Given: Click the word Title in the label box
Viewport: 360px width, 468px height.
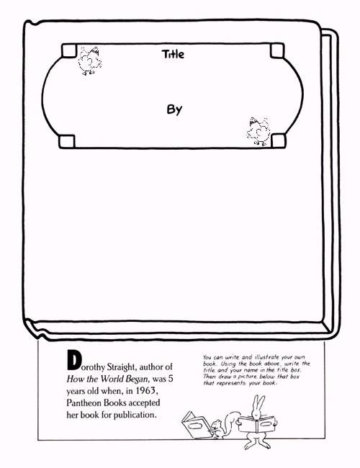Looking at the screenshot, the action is (173, 54).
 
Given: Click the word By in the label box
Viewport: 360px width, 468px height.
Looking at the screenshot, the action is (174, 109).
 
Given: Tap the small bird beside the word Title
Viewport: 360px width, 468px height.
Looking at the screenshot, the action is (89, 60).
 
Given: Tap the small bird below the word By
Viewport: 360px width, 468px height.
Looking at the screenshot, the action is (258, 131).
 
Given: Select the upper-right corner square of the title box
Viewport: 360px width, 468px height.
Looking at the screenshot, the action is (277, 50).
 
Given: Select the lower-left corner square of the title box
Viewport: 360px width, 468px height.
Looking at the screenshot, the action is (67, 141).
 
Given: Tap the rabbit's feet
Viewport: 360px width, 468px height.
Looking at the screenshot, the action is (257, 445).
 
